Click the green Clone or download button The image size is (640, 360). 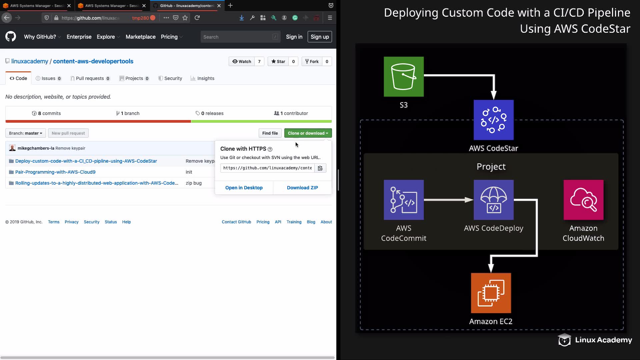pyautogui.click(x=308, y=133)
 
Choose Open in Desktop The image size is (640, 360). pyautogui.click(x=244, y=188)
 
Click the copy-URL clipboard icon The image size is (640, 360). pyautogui.click(x=320, y=168)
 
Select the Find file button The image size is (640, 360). pyautogui.click(x=270, y=133)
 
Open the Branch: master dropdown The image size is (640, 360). pyautogui.click(x=25, y=133)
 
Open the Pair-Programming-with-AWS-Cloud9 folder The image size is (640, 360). pyautogui.click(x=55, y=172)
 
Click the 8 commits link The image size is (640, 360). pyautogui.click(x=46, y=113)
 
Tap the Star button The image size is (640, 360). pyautogui.click(x=278, y=61)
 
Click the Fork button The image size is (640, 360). pyautogui.click(x=312, y=61)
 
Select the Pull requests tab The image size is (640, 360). pyautogui.click(x=90, y=78)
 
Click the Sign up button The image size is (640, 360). pyautogui.click(x=320, y=37)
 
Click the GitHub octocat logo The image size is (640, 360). pyautogui.click(x=11, y=37)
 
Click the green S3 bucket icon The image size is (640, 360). pyautogui.click(x=404, y=77)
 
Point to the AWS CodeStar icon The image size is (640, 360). pyautogui.click(x=493, y=120)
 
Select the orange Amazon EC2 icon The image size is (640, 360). pyautogui.click(x=491, y=293)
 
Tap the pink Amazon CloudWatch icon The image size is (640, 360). pyautogui.click(x=583, y=200)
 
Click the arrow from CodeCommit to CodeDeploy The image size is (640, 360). pyautogui.click(x=448, y=200)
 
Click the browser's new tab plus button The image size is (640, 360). pyautogui.click(x=230, y=6)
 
